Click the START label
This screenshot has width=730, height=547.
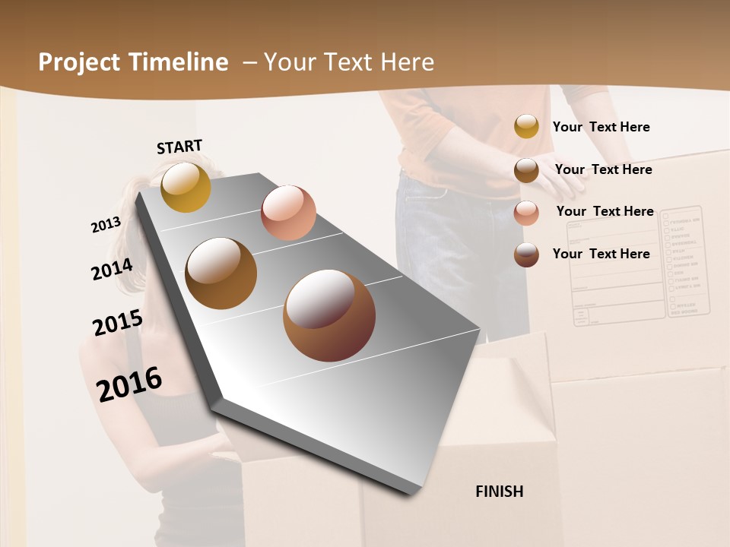click(x=179, y=147)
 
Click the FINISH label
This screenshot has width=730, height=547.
click(x=500, y=492)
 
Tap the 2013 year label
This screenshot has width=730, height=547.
click(x=106, y=225)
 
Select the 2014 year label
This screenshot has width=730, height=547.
click(x=112, y=269)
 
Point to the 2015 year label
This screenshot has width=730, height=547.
click(x=117, y=323)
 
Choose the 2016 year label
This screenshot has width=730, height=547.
click(x=129, y=384)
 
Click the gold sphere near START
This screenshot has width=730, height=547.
click(x=186, y=187)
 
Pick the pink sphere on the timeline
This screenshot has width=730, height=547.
click(x=288, y=213)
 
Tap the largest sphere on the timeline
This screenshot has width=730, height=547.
click(x=329, y=315)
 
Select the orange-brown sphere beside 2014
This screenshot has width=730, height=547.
click(x=221, y=273)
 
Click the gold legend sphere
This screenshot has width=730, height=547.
click(x=526, y=127)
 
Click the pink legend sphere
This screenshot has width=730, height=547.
click(x=526, y=213)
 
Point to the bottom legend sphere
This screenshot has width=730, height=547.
click(x=526, y=255)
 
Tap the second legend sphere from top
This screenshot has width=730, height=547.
click(x=526, y=170)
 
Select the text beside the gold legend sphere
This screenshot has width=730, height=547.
click(x=601, y=127)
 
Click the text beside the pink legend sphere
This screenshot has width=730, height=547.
click(x=605, y=211)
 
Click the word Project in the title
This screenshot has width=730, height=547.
click(x=79, y=62)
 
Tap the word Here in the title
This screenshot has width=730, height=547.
click(x=407, y=62)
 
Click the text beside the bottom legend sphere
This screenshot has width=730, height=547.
click(x=601, y=254)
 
